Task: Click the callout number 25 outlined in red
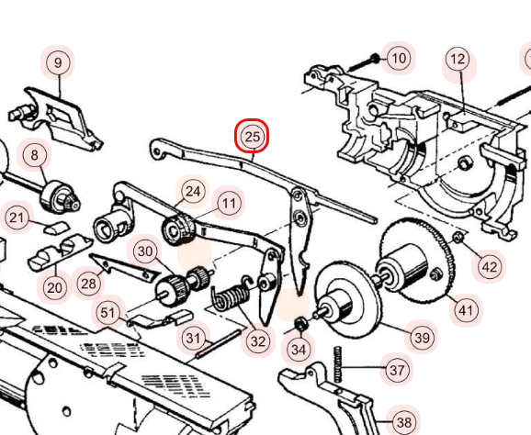pos(252,138)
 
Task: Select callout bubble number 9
pos(58,62)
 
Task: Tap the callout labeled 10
pos(398,59)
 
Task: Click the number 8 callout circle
pos(35,156)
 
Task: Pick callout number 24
pos(192,191)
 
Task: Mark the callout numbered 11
pos(228,202)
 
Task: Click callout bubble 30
pos(144,251)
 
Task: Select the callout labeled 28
pos(88,284)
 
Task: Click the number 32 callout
pos(258,341)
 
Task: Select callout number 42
pos(489,267)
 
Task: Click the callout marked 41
pos(467,310)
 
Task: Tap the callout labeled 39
pos(422,337)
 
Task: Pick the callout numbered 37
pos(396,371)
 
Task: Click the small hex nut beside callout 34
pos(300,324)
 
